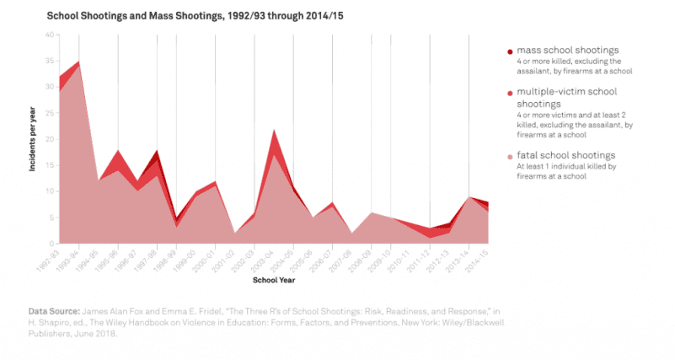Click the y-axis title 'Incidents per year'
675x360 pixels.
click(x=33, y=139)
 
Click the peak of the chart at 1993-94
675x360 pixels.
click(x=79, y=62)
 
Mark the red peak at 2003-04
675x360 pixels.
click(x=274, y=130)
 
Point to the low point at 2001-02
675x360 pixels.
click(x=235, y=234)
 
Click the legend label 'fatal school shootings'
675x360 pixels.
click(x=566, y=156)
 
